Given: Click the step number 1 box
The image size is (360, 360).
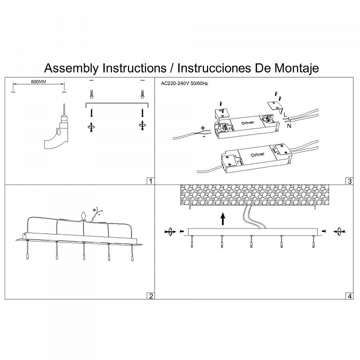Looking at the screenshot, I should (150, 181).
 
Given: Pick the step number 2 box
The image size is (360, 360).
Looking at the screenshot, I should (150, 295).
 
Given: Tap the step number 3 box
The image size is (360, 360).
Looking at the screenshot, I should (349, 181).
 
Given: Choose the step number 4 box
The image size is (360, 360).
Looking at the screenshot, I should (349, 295).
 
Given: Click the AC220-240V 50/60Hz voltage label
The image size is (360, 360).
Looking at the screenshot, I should (184, 83).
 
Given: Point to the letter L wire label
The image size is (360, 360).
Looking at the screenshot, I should (284, 114).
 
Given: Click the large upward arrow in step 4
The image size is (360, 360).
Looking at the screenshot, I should (223, 218).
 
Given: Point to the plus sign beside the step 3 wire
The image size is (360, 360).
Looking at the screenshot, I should (202, 127).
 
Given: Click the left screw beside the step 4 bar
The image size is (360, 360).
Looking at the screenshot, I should (170, 231).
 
